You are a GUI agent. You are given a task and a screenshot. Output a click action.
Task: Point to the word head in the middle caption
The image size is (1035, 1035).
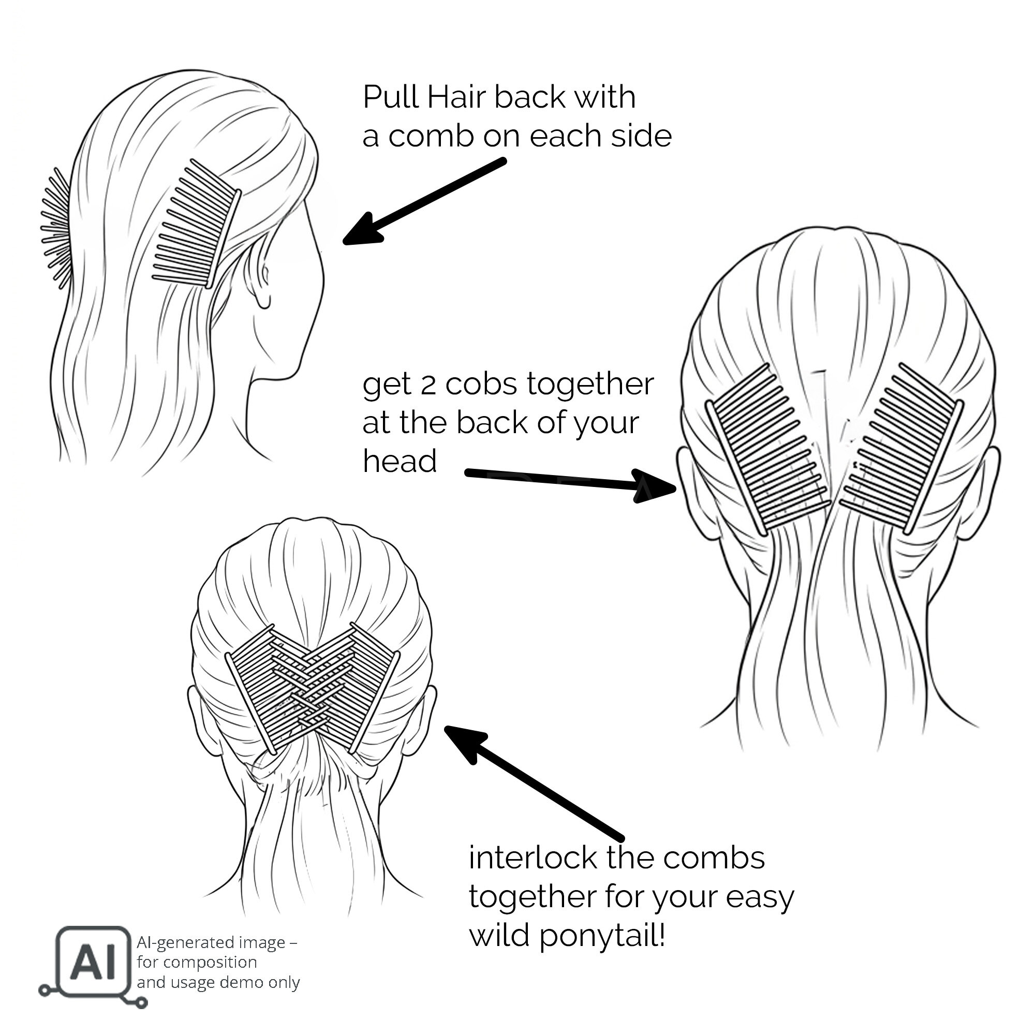(400, 461)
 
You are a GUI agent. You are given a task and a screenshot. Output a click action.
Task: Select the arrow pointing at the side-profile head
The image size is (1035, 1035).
(424, 201)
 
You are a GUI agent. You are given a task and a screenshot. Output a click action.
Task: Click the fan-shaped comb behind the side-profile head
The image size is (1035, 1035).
(56, 228)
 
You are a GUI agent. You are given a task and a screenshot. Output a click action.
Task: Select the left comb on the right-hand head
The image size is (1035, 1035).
(767, 449)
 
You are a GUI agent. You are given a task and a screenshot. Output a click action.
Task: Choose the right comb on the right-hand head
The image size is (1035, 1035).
(901, 449)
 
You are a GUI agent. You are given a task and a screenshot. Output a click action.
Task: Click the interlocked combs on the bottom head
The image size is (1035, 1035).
(313, 688)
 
